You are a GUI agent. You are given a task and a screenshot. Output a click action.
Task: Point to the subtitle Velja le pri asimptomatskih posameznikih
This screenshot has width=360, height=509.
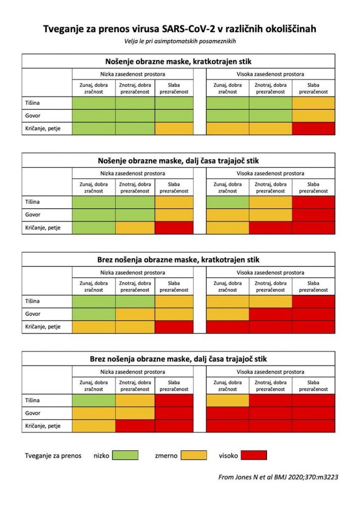180,41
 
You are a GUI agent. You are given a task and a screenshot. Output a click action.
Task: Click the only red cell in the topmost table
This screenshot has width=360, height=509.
313,128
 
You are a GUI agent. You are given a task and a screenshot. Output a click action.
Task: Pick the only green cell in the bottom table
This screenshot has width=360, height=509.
94,400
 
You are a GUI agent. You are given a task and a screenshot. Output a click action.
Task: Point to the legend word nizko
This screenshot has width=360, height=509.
101,455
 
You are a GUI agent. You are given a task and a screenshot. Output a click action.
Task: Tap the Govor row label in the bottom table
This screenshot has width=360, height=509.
33,413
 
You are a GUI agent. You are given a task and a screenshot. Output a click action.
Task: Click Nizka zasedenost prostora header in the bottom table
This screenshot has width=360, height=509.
133,371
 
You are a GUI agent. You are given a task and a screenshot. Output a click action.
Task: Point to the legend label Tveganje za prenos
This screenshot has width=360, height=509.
53,455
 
